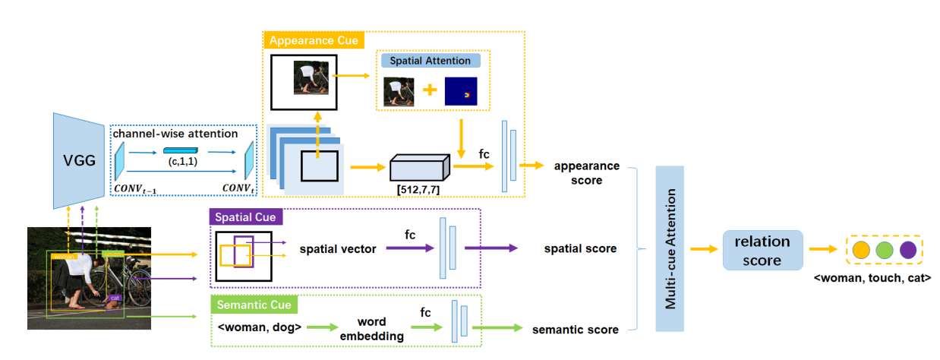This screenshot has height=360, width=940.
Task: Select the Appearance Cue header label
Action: pyautogui.click(x=313, y=40)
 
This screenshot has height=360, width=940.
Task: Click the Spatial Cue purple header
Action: pyautogui.click(x=245, y=217)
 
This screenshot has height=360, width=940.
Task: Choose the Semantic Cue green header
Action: pyautogui.click(x=253, y=305)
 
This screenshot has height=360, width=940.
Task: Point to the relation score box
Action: pyautogui.click(x=762, y=251)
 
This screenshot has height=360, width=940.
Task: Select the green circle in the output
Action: pyautogui.click(x=884, y=250)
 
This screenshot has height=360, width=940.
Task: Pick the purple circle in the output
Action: pyautogui.click(x=908, y=250)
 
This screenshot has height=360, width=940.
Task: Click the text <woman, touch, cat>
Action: pyautogui.click(x=872, y=278)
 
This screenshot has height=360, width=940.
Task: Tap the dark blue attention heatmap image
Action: pyautogui.click(x=461, y=91)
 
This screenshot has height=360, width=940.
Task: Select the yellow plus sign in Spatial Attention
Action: pyautogui.click(x=430, y=90)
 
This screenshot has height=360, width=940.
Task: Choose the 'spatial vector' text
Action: pyautogui.click(x=338, y=248)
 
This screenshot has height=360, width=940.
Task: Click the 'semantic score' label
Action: pyautogui.click(x=574, y=329)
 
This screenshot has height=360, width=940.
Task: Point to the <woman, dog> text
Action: pyautogui.click(x=260, y=328)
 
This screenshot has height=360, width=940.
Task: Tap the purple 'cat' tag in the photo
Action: pyautogui.click(x=115, y=298)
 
